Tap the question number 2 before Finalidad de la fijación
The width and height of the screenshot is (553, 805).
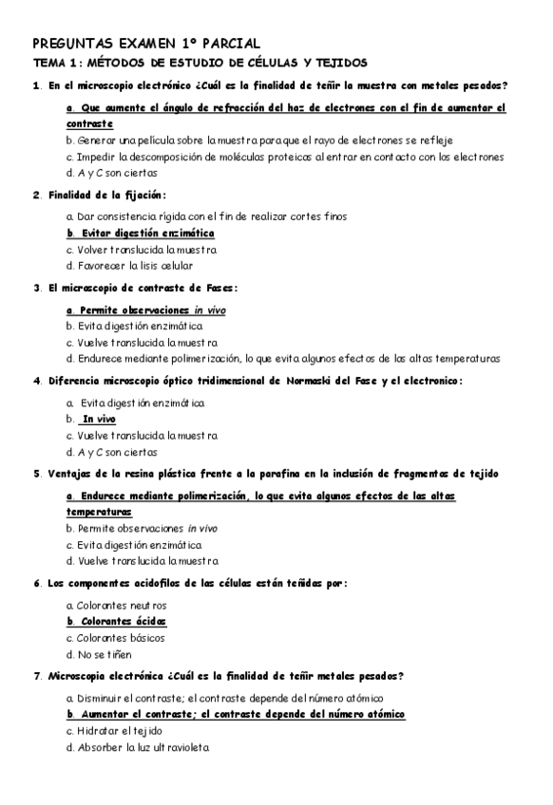pos(36,196)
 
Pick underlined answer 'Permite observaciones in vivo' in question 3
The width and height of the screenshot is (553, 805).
pos(146,309)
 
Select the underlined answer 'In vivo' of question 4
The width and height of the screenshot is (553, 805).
pos(98,419)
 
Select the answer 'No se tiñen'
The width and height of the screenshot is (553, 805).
pos(99,654)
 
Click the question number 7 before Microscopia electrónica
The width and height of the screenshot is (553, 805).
pos(36,676)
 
